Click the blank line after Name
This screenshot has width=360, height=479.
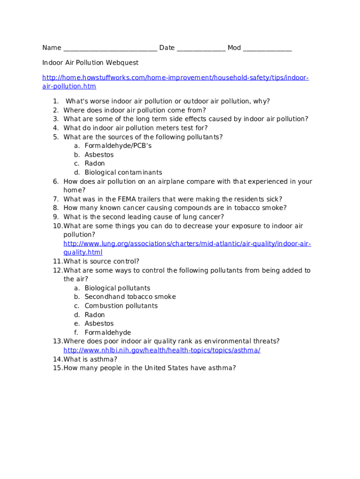click(110, 48)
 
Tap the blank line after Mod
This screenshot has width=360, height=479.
click(267, 48)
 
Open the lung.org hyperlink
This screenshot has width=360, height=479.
click(187, 244)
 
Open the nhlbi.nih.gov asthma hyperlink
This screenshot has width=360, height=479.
click(162, 350)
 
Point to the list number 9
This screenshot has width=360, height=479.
click(56, 217)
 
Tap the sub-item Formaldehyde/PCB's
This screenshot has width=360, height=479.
click(118, 146)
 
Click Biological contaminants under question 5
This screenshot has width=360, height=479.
click(123, 173)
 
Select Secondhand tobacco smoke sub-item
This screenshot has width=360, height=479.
click(130, 297)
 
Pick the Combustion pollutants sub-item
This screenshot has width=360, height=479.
click(121, 306)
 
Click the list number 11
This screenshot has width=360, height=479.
click(57, 261)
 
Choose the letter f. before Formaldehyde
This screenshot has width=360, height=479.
click(76, 333)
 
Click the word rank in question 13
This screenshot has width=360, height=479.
click(191, 341)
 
